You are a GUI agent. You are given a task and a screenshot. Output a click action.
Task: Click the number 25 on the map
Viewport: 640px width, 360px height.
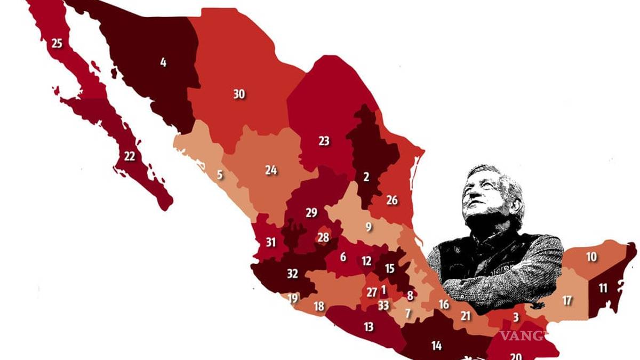pos(57,43)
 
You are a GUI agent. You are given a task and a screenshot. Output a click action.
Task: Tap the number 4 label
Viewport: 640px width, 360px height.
pos(163,62)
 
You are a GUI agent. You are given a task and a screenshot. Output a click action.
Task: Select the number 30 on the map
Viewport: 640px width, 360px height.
pos(239,94)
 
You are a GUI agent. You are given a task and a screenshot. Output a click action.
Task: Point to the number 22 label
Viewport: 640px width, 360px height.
pos(130,156)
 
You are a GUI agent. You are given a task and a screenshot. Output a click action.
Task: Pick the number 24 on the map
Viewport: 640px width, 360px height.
pos(271,170)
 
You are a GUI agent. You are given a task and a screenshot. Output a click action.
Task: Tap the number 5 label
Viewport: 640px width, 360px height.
pos(220,174)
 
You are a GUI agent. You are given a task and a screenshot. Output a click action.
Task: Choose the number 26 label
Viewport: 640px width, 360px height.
pos(392,201)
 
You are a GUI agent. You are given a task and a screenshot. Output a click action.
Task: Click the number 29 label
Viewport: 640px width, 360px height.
pos(311,213)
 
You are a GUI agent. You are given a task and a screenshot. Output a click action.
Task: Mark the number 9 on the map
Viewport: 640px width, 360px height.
pos(369,227)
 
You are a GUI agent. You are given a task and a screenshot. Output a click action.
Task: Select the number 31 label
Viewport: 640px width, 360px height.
pos(271,242)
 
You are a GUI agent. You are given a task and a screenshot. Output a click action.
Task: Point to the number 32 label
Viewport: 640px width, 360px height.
pos(292,274)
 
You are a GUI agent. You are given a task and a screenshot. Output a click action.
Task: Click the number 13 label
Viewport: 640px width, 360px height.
pos(369,327)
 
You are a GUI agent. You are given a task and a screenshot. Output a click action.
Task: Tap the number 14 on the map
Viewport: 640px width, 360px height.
pos(436,346)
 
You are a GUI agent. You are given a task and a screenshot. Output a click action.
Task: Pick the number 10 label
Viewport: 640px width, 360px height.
pos(591,257)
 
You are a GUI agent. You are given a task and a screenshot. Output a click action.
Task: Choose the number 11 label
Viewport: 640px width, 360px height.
pos(603,289)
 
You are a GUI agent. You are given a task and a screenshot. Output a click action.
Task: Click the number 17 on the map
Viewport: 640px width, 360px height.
pos(567,301)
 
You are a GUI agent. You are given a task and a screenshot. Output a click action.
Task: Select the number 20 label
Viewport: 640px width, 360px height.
pos(516,355)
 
